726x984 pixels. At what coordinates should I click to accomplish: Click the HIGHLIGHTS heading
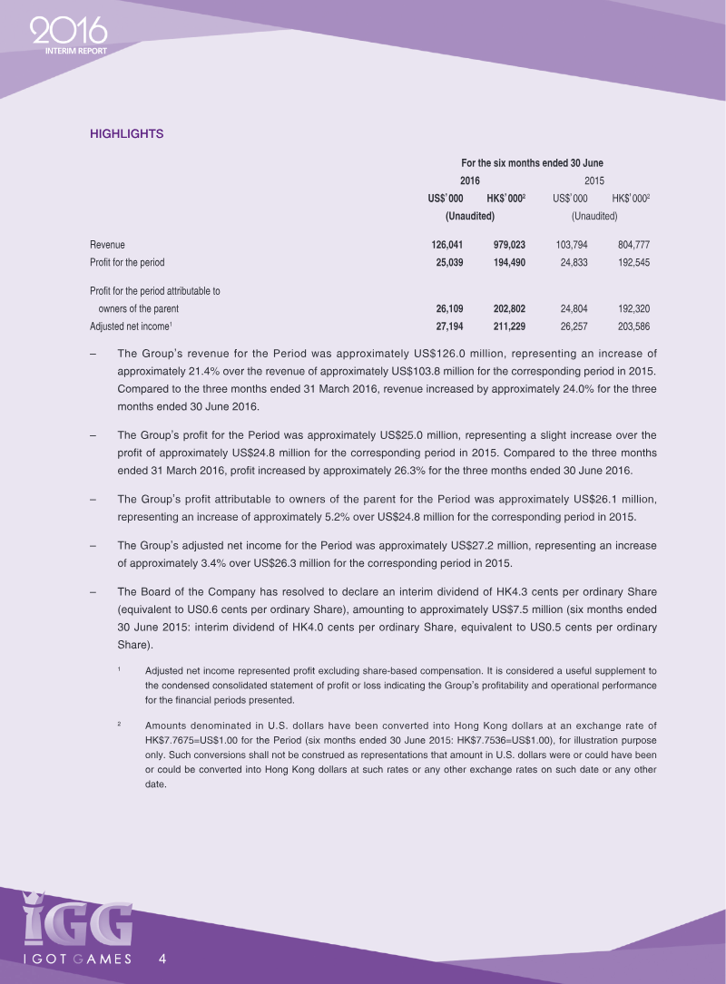[126, 134]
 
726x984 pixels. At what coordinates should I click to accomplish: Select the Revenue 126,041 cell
[448, 245]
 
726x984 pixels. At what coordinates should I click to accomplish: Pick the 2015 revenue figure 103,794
[569, 245]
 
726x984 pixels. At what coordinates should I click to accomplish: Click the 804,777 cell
[633, 245]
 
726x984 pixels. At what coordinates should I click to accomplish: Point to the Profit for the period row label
[127, 262]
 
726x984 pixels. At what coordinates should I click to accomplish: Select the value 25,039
[448, 262]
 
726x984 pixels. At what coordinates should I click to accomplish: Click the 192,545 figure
[633, 262]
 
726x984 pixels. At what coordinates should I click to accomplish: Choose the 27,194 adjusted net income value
[448, 325]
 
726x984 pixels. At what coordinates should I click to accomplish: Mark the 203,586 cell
[633, 325]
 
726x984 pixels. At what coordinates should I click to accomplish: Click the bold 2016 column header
[469, 180]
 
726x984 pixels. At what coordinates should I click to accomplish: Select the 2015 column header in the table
[594, 180]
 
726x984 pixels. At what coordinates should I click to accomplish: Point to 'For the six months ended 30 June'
[532, 163]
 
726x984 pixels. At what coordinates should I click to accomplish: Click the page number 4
[162, 959]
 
